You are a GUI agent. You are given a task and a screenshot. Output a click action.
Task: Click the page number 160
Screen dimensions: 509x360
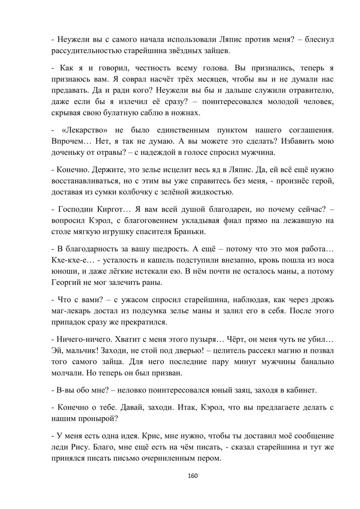point(193,476)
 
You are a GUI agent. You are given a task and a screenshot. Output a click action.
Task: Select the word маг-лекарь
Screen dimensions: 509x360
point(73,311)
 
